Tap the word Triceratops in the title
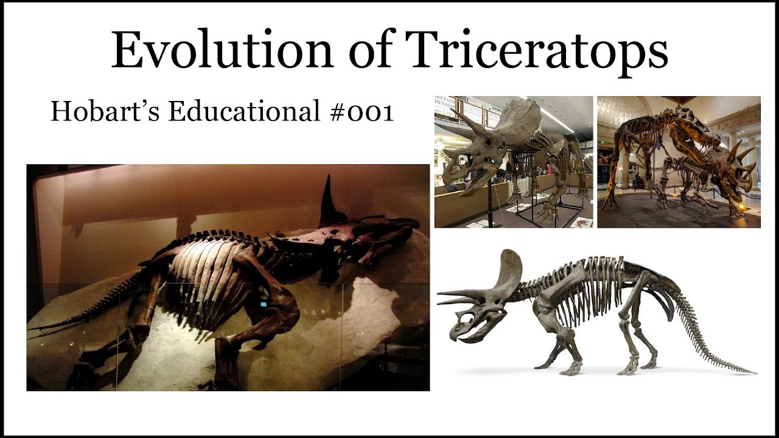click(x=539, y=51)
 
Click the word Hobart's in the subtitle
click(x=95, y=112)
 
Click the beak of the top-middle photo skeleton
click(x=447, y=180)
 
